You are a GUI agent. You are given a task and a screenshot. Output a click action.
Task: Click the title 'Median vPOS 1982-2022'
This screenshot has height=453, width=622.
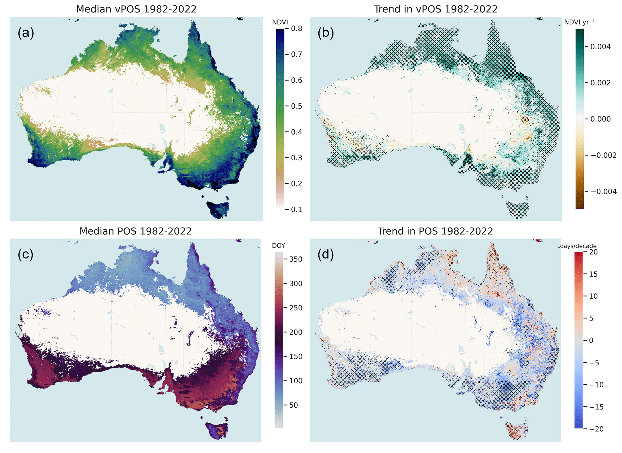[x=136, y=9]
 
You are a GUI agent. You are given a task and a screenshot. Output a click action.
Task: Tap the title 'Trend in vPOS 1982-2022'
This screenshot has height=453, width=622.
[x=435, y=9]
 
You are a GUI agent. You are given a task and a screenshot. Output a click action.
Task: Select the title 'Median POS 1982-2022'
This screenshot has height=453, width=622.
[x=135, y=231]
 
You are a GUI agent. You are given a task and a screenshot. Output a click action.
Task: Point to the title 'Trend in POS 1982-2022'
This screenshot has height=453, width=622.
[x=435, y=231]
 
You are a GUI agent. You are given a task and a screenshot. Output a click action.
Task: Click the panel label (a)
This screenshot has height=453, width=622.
[x=26, y=32]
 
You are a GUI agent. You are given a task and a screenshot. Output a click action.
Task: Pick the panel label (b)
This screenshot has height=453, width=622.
[x=326, y=32]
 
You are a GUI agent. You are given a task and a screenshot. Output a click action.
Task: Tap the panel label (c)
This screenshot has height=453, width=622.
[x=26, y=254]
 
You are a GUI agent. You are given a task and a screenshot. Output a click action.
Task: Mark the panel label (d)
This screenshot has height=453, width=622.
[x=326, y=254]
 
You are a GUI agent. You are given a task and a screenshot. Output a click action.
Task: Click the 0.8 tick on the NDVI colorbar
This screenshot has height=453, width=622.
[x=296, y=29]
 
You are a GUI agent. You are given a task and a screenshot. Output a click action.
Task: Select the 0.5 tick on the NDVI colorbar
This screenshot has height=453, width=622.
[x=296, y=106]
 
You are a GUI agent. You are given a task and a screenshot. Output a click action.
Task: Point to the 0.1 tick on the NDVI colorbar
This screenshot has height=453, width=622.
[x=296, y=209]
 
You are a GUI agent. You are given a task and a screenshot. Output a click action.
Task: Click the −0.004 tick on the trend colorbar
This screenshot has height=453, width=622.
[x=603, y=191]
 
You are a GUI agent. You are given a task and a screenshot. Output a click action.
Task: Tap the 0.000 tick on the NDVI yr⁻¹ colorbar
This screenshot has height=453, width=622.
[x=600, y=119]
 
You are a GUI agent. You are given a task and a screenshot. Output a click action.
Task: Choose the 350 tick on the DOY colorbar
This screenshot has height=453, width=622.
[x=296, y=259]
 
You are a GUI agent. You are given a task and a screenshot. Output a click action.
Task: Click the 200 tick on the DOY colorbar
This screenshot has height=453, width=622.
[x=296, y=332]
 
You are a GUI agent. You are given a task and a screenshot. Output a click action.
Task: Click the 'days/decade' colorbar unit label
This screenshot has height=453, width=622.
[x=578, y=246]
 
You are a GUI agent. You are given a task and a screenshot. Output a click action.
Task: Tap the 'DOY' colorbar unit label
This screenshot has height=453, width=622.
[x=278, y=245]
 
